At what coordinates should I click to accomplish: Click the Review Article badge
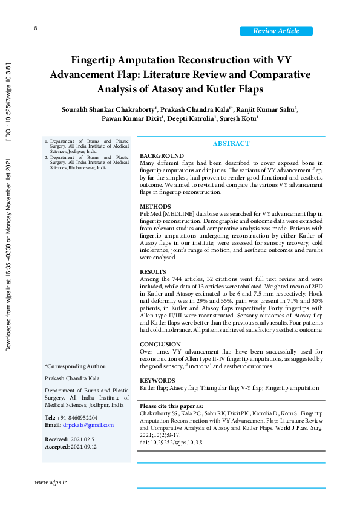pyautogui.click(x=276, y=31)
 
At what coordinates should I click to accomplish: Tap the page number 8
pyautogui.click(x=36, y=28)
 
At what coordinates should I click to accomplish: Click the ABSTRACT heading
pyautogui.click(x=231, y=143)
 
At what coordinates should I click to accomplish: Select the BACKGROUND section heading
pyautogui.click(x=161, y=156)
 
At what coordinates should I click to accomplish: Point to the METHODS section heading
pyautogui.click(x=155, y=207)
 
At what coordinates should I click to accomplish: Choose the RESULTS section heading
pyautogui.click(x=154, y=272)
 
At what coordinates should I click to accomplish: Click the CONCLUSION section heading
pyautogui.click(x=160, y=345)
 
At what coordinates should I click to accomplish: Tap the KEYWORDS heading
pyautogui.click(x=158, y=380)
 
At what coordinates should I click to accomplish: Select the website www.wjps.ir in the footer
pyautogui.click(x=50, y=482)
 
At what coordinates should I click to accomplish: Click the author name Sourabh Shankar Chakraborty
pyautogui.click(x=108, y=109)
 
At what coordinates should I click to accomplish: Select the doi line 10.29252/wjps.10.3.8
pyautogui.click(x=171, y=443)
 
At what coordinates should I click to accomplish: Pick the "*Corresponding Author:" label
pyautogui.click(x=76, y=366)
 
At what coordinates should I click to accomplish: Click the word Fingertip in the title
pyautogui.click(x=100, y=60)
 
